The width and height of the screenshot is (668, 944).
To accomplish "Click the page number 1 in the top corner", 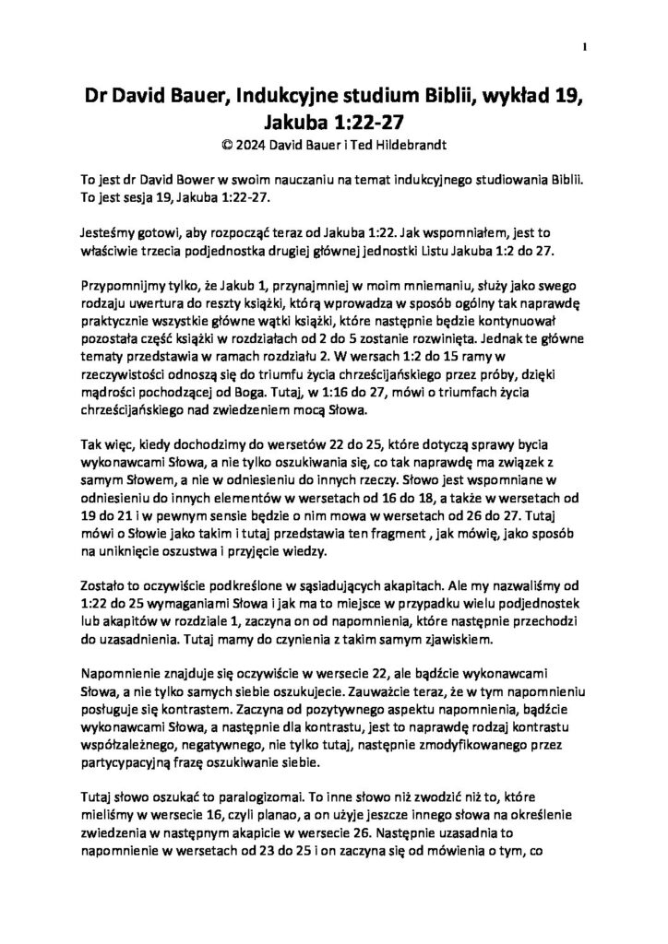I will click(586, 45).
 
